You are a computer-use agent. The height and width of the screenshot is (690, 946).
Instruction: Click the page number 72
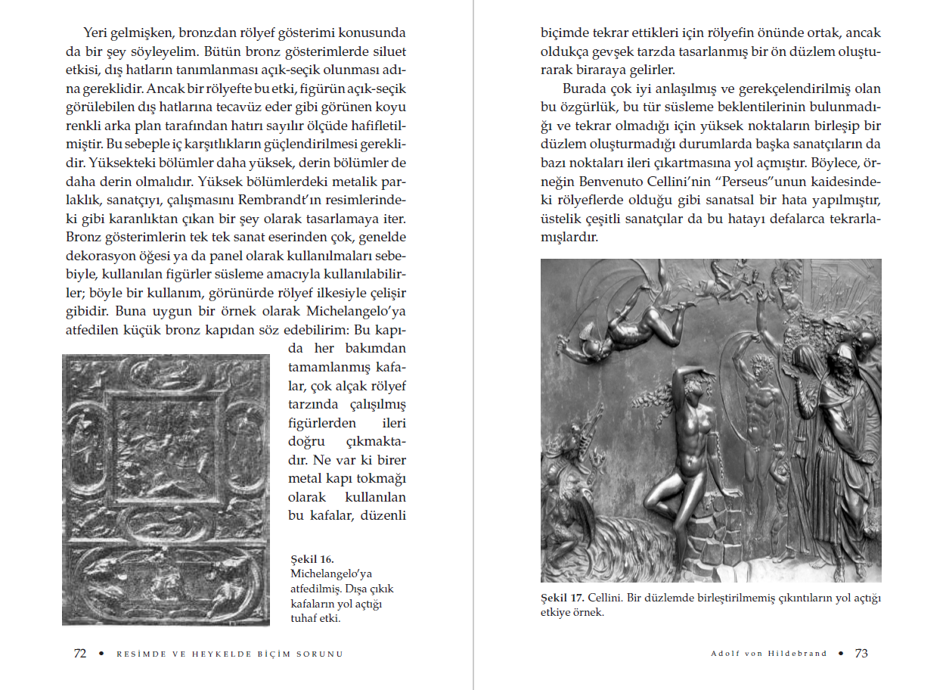coord(79,654)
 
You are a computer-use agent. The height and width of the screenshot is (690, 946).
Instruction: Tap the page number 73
coord(861,654)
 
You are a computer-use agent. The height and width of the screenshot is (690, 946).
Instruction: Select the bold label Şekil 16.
coord(312,560)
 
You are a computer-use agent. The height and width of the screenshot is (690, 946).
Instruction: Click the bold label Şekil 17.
coord(561,598)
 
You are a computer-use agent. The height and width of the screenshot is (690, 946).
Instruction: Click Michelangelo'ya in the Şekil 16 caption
coord(331,574)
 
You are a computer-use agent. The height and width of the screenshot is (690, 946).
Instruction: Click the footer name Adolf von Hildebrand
coord(768,654)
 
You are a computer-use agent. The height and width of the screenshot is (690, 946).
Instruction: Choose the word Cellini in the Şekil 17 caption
coord(605,598)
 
